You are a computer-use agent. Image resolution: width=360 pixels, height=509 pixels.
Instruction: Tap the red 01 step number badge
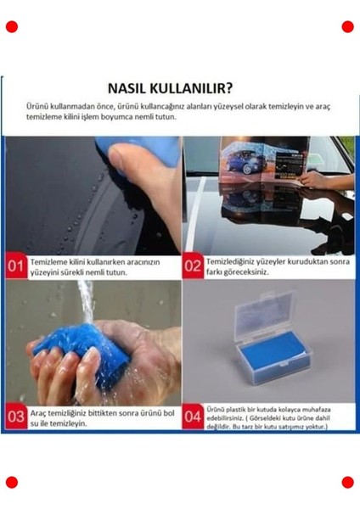pyautogui.click(x=15, y=266)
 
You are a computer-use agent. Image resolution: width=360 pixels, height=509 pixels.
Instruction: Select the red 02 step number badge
pyautogui.click(x=193, y=266)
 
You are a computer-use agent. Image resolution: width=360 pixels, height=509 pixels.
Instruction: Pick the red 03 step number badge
pyautogui.click(x=15, y=417)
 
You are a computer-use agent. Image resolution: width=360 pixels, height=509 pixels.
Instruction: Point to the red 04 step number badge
pyautogui.click(x=193, y=417)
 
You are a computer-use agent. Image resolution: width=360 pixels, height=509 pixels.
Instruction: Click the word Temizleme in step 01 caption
pyautogui.click(x=50, y=263)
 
